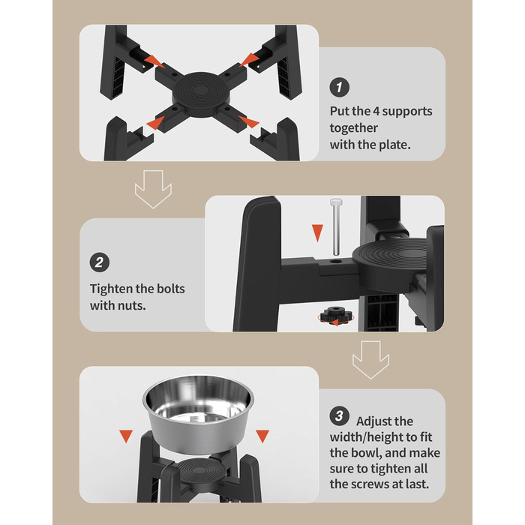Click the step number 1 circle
tap(339, 87)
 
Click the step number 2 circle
tap(100, 262)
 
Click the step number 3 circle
tap(339, 415)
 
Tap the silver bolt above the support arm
tap(336, 226)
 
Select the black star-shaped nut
tap(336, 315)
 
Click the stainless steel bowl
tap(198, 414)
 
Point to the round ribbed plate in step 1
tap(200, 94)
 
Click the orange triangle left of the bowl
tap(126, 436)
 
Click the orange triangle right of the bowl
tap(262, 436)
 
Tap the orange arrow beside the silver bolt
tap(317, 232)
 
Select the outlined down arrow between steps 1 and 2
tap(153, 189)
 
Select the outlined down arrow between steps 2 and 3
tap(370, 360)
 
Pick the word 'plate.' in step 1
tap(394, 145)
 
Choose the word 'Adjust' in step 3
tap(385, 421)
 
